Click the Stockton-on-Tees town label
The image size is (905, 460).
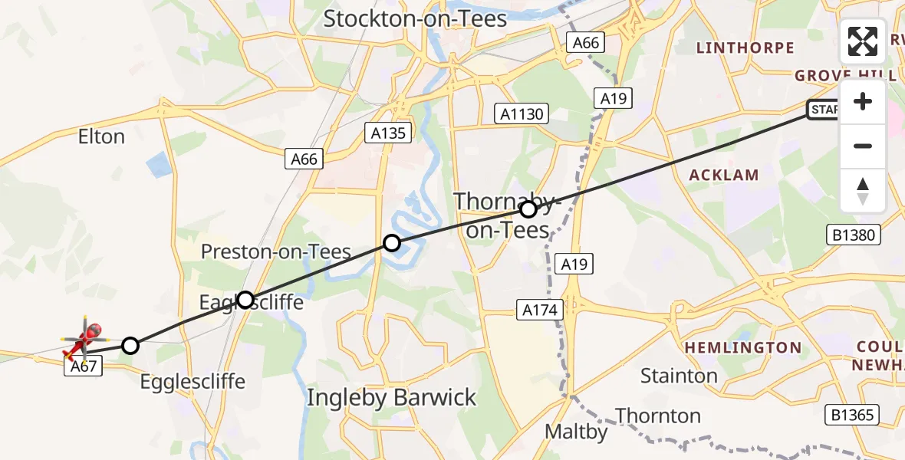click(x=415, y=18)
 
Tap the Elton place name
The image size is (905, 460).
click(x=101, y=137)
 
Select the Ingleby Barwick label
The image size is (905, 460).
click(x=392, y=398)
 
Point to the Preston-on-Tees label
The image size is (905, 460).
click(x=276, y=251)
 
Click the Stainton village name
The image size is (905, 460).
click(x=680, y=376)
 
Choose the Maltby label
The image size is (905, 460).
click(x=576, y=432)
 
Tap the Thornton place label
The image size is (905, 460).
click(x=658, y=416)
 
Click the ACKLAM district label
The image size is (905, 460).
click(x=724, y=175)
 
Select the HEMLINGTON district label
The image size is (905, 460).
click(x=742, y=348)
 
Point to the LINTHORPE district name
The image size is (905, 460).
click(x=745, y=48)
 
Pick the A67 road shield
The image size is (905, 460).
click(x=83, y=366)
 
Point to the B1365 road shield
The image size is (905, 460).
click(x=853, y=416)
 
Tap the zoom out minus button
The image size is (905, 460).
click(x=863, y=146)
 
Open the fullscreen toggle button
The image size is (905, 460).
click(x=863, y=41)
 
